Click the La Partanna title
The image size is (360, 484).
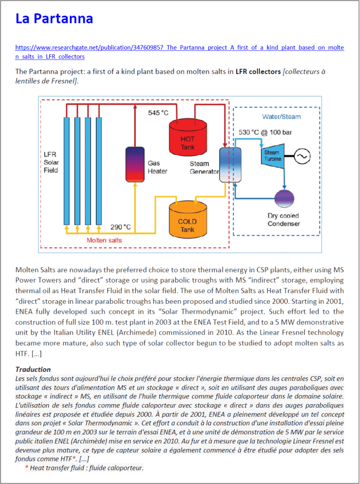pos(54,18)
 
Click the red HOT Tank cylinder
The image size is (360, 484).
pos(187,137)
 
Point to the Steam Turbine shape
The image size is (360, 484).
pos(272,156)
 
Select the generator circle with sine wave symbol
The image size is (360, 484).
pos(301,155)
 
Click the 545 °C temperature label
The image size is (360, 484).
pos(158,113)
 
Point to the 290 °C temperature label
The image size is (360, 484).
pos(120,226)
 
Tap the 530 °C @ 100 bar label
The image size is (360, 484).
pos(265,132)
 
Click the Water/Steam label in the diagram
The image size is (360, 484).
pos(282,116)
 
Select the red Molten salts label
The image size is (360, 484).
pos(104,240)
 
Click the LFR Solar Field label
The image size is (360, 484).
pos(51,162)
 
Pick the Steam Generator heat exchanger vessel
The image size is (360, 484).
pos(230,164)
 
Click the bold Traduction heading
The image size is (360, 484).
pos(33,369)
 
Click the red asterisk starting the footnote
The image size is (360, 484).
pos(27,468)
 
